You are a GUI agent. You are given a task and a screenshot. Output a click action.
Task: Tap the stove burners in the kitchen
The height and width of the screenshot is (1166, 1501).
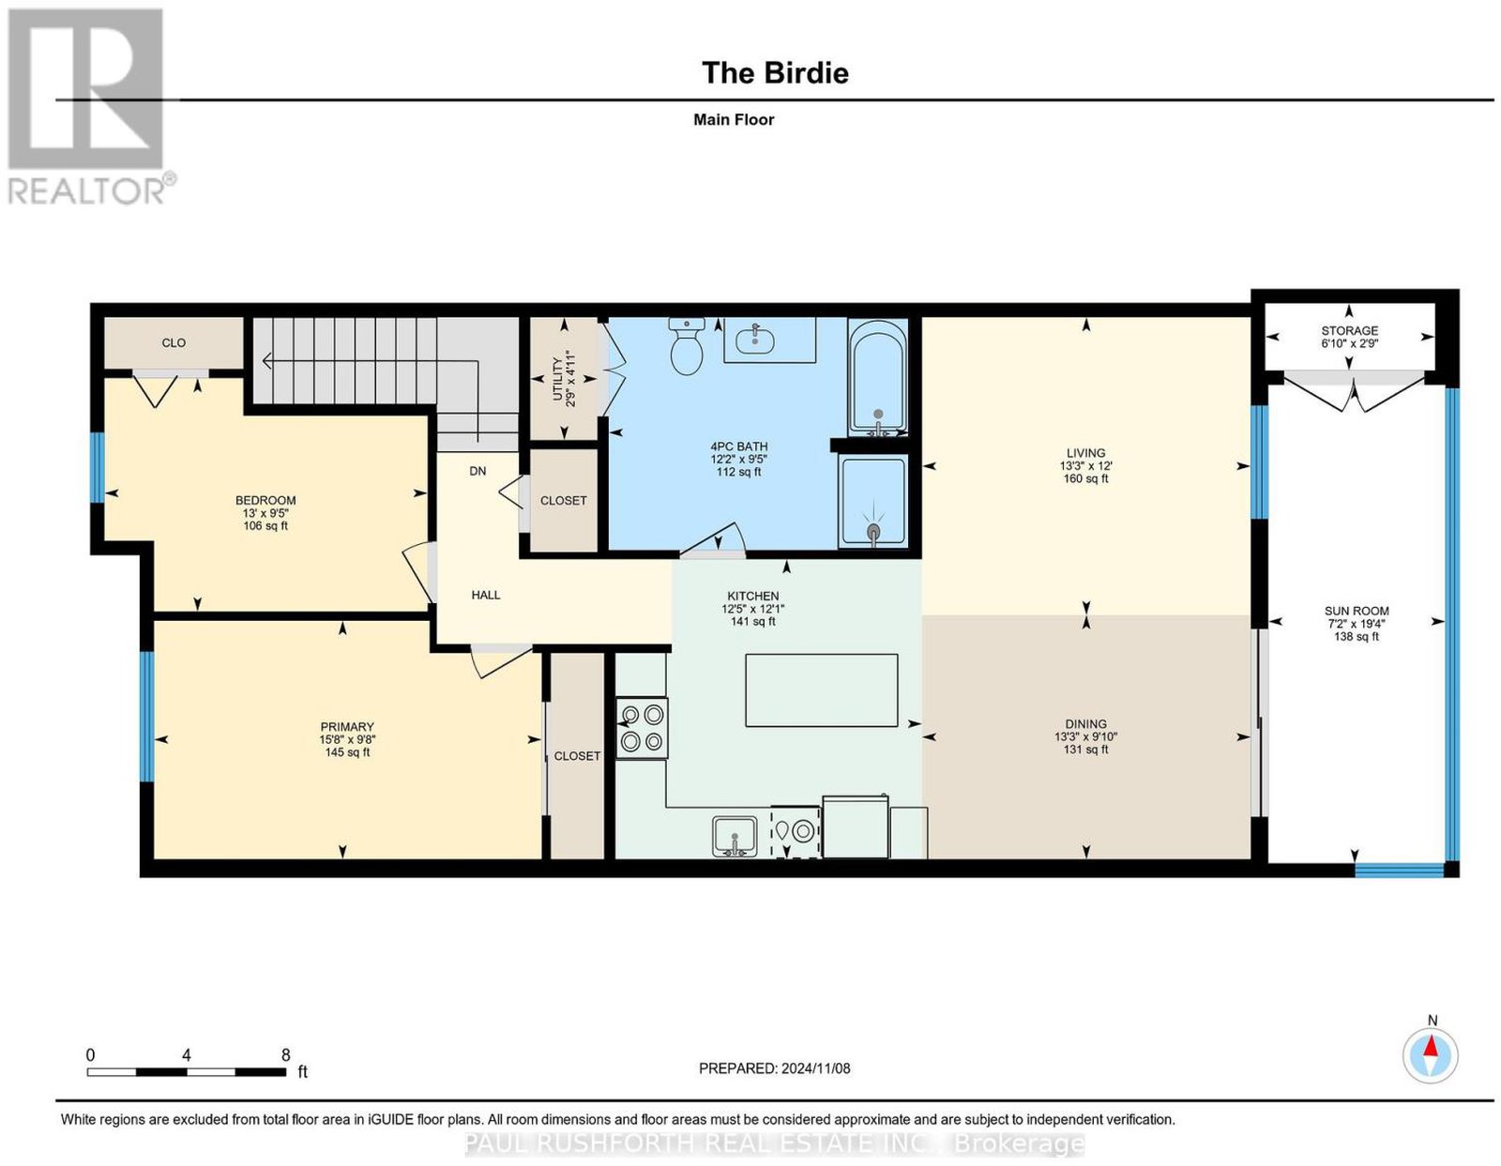click(641, 728)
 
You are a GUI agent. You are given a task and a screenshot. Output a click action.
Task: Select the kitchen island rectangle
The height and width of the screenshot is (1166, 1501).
click(821, 689)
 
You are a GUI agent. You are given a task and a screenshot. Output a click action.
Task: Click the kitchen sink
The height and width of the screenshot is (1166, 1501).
click(735, 836)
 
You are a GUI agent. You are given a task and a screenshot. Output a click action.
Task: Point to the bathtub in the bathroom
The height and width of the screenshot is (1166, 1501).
click(876, 377)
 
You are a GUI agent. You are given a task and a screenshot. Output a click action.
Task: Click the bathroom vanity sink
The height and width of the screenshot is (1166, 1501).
click(757, 340)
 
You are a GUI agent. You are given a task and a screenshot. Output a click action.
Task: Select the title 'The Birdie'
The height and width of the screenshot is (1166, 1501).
click(775, 72)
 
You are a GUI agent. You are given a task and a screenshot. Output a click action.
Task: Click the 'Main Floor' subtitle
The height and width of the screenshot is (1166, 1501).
click(734, 119)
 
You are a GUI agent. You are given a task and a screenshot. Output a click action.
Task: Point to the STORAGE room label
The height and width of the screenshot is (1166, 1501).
click(1349, 331)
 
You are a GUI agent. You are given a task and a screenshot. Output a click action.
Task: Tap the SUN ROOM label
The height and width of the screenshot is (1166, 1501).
click(1356, 611)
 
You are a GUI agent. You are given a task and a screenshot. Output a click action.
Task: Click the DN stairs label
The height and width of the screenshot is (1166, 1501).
click(478, 471)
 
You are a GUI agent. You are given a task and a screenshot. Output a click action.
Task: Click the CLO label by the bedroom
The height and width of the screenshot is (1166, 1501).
click(174, 342)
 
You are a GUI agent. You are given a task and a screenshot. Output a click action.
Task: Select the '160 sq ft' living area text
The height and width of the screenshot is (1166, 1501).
click(1085, 477)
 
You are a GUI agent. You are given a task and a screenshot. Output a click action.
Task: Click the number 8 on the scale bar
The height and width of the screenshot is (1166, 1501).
click(285, 1055)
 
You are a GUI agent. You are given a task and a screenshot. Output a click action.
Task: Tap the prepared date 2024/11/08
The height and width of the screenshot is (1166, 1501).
click(815, 1068)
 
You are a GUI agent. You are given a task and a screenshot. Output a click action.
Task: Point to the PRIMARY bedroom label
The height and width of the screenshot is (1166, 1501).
click(347, 726)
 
